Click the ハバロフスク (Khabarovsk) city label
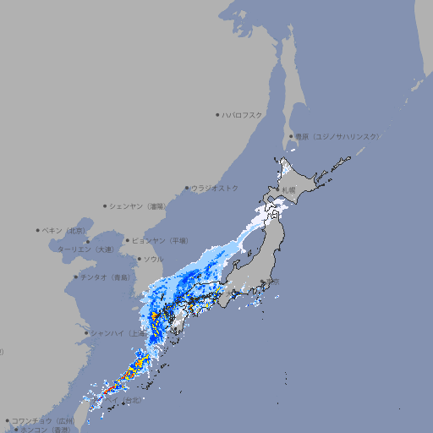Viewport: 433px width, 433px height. coord(243,114)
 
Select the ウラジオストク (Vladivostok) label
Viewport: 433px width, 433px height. coord(216,188)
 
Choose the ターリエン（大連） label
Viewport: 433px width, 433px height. coord(85,249)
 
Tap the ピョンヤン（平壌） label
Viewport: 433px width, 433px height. coord(161,240)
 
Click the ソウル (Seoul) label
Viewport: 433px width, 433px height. coord(153,259)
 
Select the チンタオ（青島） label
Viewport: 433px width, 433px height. coord(105,277)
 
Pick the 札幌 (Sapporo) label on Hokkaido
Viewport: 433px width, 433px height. coord(289,190)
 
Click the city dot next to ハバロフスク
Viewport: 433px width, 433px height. coord(217,114)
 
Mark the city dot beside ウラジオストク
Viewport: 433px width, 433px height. coord(187,188)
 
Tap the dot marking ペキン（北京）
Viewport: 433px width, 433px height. coord(38,230)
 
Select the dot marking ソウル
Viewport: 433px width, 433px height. coord(139,259)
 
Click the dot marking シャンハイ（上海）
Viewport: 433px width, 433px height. coord(86,333)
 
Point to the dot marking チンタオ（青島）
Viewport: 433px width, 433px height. coord(75,277)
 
